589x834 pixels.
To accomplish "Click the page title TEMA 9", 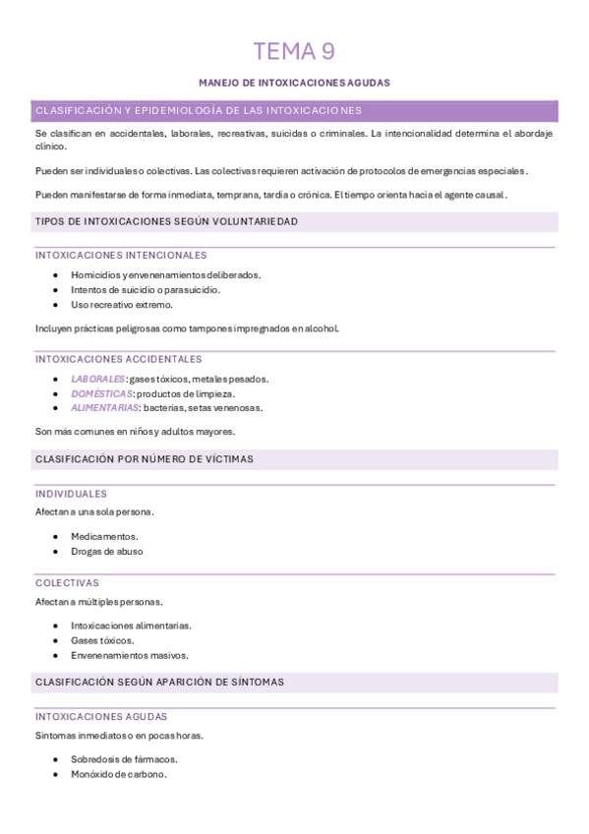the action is click(294, 51).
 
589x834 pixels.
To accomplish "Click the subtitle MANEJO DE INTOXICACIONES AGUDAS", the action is click(294, 83).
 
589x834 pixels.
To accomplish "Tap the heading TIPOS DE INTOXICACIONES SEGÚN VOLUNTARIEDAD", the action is click(166, 222).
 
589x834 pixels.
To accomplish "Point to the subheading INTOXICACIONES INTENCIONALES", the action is click(121, 256).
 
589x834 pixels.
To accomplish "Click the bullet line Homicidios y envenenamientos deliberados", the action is click(165, 275).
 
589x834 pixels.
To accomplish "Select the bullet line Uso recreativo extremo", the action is click(121, 305).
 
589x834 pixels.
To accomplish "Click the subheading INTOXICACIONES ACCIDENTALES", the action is click(119, 360).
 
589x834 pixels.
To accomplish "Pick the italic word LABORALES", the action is click(97, 379).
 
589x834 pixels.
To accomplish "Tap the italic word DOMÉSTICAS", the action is click(101, 393).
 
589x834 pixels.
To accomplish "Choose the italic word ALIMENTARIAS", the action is click(104, 408).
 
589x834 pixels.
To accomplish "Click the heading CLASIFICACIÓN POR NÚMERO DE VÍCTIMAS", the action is click(145, 459).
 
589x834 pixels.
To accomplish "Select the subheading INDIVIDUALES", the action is click(71, 494).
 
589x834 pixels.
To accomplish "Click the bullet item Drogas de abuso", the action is click(106, 552).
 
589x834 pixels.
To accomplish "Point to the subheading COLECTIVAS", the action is click(67, 583).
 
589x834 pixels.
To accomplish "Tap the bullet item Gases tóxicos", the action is click(102, 640).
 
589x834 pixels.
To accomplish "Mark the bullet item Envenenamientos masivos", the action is click(129, 655).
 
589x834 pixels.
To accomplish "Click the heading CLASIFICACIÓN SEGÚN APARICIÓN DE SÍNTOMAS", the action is click(159, 682).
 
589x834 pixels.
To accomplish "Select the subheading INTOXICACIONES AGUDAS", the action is click(101, 717).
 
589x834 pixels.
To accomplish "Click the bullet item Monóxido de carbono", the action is click(118, 774).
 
